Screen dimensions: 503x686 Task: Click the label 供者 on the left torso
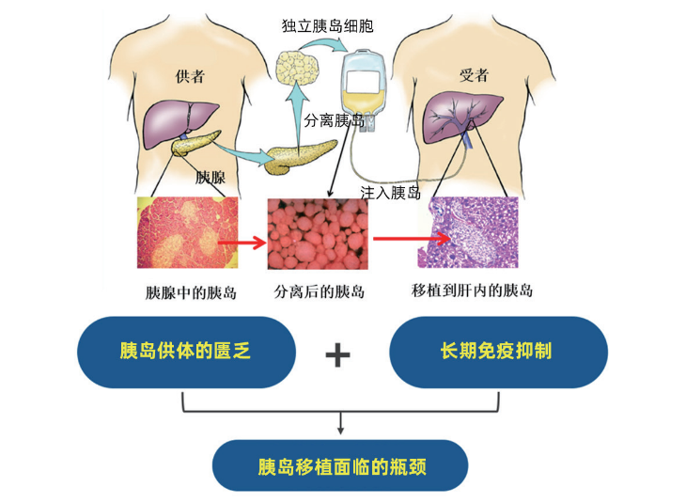point(190,76)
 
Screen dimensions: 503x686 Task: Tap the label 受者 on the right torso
point(472,74)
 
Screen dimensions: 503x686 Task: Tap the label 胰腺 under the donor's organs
point(210,176)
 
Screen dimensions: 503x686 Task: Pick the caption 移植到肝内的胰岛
point(473,291)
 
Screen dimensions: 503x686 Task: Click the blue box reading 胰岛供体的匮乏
point(186,352)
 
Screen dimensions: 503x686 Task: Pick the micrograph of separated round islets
point(318,234)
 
